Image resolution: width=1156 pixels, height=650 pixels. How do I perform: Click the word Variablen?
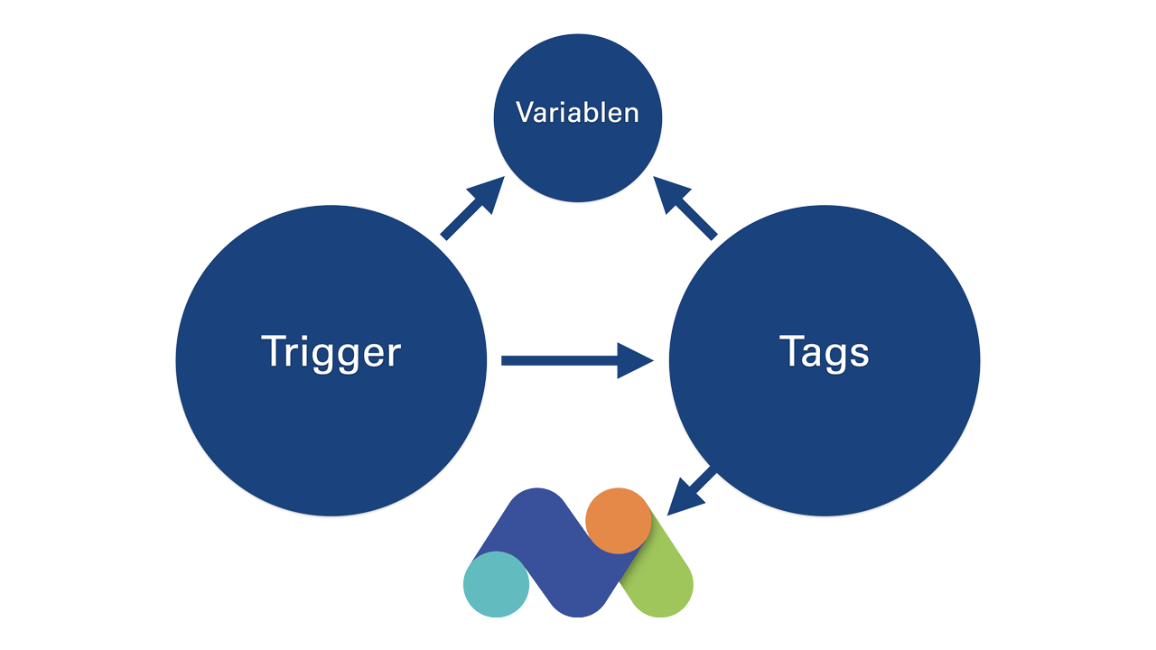click(577, 113)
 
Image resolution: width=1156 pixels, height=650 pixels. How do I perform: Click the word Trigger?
click(331, 353)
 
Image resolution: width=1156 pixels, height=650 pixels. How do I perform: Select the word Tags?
click(825, 353)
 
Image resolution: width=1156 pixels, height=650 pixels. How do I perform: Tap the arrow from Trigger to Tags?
click(577, 360)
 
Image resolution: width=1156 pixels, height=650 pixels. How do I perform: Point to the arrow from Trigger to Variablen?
click(472, 208)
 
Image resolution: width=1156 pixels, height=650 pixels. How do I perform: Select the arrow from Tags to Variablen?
click(685, 208)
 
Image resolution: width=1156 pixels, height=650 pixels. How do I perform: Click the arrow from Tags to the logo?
click(692, 490)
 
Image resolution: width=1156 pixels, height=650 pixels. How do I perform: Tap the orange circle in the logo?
click(619, 521)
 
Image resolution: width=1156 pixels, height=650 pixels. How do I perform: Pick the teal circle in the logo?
click(496, 584)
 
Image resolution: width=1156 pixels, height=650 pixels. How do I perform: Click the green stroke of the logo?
click(663, 572)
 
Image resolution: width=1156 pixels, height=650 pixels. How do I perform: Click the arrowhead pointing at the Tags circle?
click(636, 360)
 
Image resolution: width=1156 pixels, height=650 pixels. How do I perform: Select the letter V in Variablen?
click(527, 112)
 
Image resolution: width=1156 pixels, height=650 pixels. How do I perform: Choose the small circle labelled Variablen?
click(577, 118)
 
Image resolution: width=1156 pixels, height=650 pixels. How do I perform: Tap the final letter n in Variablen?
click(630, 115)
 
